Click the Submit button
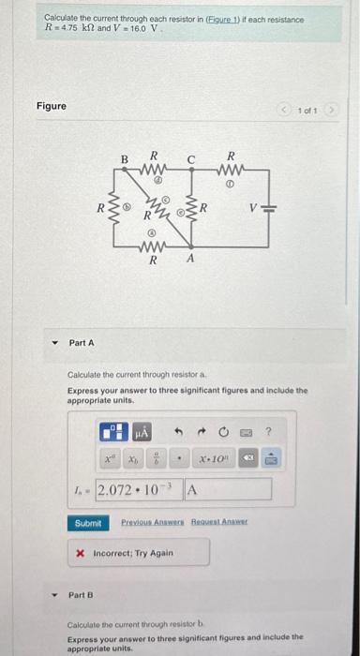pyautogui.click(x=87, y=523)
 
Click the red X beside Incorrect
pyautogui.click(x=81, y=553)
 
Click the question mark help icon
pyautogui.click(x=268, y=432)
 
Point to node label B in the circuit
pyautogui.click(x=122, y=158)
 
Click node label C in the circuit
pyautogui.click(x=190, y=158)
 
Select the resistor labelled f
pyautogui.click(x=231, y=172)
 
